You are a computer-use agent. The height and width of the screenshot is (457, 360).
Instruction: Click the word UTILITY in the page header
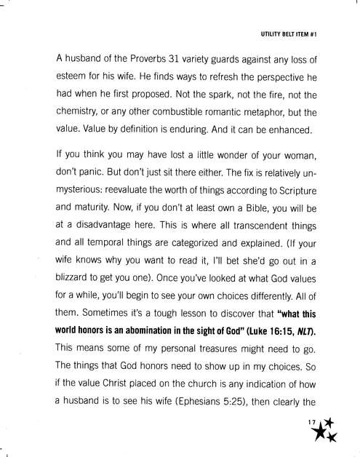point(273,34)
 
